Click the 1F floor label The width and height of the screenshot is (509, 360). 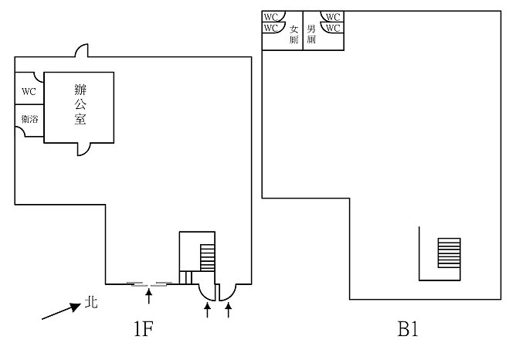[143, 331]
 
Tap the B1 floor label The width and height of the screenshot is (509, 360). [408, 331]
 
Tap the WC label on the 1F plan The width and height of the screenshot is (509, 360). [29, 91]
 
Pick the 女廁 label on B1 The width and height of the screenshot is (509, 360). [294, 35]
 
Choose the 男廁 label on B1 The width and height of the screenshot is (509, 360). [311, 33]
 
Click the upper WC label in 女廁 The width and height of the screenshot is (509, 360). [270, 16]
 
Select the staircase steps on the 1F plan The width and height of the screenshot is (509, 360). [206, 256]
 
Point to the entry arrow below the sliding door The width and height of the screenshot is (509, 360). [149, 294]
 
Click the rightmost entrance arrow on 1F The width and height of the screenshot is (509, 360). [229, 310]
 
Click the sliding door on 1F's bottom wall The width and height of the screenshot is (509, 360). [148, 284]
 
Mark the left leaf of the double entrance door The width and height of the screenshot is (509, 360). [208, 292]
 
